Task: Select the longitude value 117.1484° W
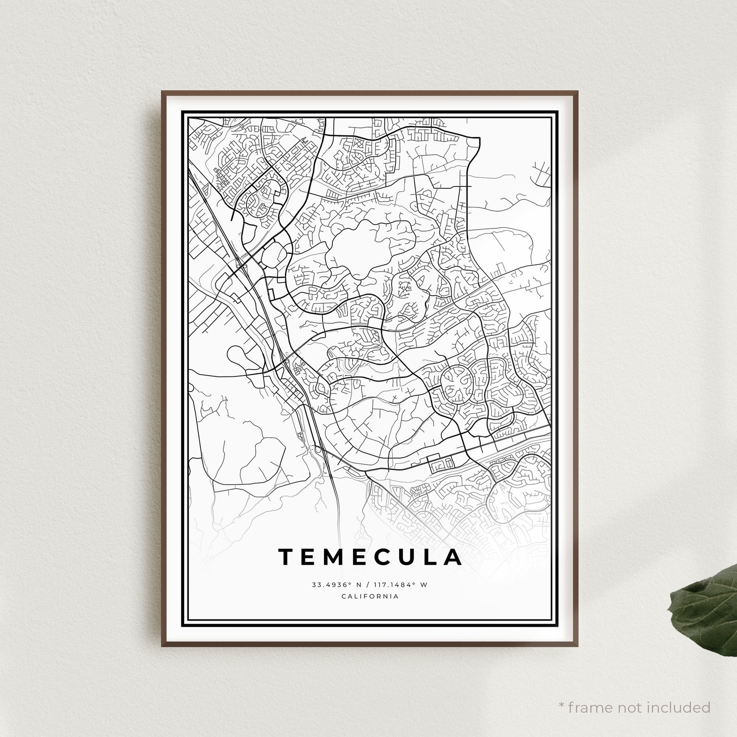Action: tap(402, 585)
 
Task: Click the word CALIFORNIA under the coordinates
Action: tap(370, 596)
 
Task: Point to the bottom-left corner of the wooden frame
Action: tap(163, 645)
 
